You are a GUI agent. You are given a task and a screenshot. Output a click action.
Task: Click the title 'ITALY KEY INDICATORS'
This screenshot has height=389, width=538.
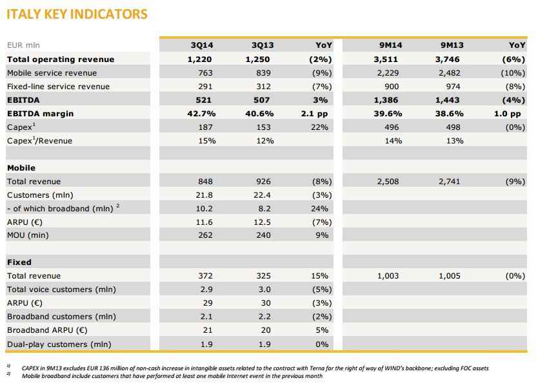[77, 14]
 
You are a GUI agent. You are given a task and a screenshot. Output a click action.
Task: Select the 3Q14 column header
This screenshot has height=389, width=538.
[202, 45]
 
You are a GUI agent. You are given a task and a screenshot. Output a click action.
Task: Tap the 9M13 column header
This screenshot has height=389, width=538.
[452, 45]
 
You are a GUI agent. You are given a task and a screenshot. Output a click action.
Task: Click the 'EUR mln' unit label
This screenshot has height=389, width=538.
[23, 45]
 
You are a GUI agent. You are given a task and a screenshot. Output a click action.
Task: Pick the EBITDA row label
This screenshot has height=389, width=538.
[23, 100]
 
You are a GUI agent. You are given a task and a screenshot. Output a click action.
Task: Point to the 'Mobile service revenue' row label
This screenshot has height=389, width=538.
[52, 73]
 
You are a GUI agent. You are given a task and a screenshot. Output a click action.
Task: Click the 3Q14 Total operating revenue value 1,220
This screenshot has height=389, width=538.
[199, 59]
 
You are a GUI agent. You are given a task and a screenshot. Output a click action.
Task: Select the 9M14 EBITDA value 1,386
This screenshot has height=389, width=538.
[386, 100]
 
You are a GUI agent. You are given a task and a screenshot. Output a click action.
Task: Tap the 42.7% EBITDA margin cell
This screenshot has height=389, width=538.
[201, 114]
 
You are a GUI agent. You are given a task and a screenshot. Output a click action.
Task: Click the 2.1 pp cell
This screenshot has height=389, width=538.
[314, 114]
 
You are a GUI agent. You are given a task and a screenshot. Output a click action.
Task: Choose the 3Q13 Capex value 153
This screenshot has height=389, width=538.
[263, 127]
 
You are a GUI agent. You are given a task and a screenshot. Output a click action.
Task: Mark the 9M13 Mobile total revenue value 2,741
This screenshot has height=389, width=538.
[449, 182]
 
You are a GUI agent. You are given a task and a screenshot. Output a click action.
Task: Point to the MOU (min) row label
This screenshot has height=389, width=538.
[28, 235]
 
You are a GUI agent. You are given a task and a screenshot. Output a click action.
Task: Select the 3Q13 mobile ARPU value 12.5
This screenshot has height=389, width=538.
[262, 222]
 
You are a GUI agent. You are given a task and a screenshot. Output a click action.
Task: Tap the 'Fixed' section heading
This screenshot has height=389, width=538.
[19, 262]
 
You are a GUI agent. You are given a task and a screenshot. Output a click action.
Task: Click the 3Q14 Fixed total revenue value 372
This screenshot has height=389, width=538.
[205, 276]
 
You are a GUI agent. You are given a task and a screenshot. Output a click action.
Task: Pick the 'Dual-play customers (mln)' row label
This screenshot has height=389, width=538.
[59, 344]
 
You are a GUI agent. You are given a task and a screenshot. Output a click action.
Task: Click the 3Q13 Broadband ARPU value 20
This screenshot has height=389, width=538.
[266, 330]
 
